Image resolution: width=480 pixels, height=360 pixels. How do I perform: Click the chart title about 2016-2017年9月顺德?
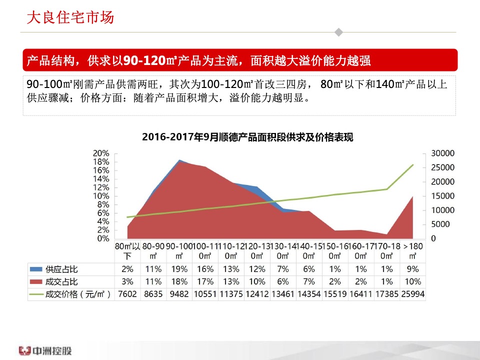click(x=247, y=137)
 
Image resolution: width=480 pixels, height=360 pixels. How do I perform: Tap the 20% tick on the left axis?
click(x=101, y=153)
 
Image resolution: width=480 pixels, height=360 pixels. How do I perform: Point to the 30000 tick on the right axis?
click(x=442, y=153)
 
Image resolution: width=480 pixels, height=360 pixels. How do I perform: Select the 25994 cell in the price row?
click(x=412, y=294)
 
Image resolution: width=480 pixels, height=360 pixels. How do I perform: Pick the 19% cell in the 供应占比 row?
click(x=178, y=269)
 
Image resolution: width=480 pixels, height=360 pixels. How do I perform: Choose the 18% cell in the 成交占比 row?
click(x=178, y=282)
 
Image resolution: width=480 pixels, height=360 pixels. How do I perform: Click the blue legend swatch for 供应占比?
click(x=36, y=269)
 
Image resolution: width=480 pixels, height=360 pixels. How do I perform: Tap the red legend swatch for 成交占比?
click(x=36, y=282)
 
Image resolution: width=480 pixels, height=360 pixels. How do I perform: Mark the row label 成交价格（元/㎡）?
click(x=77, y=294)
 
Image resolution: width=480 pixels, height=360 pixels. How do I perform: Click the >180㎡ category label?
click(x=412, y=250)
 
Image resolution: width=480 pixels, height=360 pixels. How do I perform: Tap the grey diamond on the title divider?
click(x=338, y=32)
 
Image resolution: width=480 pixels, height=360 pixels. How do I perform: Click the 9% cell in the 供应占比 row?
click(x=412, y=269)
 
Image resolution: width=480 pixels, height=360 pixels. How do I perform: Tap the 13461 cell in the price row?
click(x=282, y=294)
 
